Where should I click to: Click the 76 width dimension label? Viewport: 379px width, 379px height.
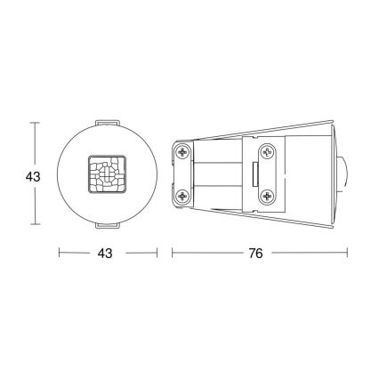pyautogui.click(x=255, y=254)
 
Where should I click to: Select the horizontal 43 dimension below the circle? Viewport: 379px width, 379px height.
pyautogui.click(x=105, y=254)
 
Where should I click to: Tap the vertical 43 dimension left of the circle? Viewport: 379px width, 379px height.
pyautogui.click(x=33, y=177)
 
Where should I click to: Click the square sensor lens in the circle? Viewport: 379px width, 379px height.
pyautogui.click(x=105, y=174)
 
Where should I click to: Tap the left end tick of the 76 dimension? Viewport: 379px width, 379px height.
pyautogui.click(x=171, y=254)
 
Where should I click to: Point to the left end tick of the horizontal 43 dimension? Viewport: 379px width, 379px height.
pyautogui.click(x=60, y=254)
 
